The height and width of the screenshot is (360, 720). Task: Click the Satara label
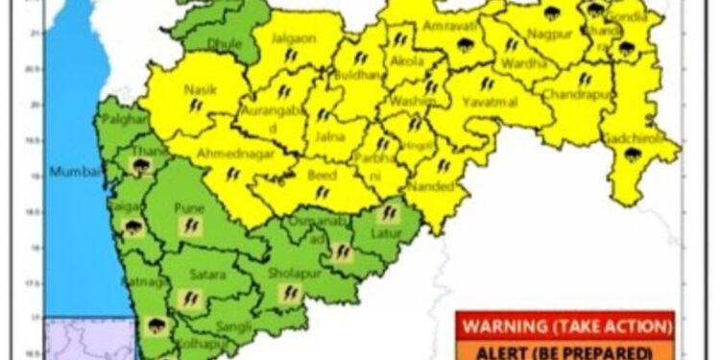click(x=207, y=276)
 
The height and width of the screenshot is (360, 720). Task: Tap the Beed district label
click(x=320, y=177)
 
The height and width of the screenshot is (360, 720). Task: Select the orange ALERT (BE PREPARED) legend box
click(x=565, y=349)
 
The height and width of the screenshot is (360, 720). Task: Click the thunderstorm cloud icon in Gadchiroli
click(x=632, y=155)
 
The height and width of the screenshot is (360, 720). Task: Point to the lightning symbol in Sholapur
click(x=288, y=292)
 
